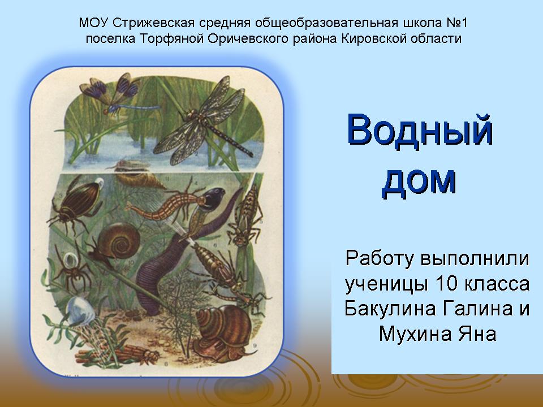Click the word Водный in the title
coord(420,130)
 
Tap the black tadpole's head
coord(213,200)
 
